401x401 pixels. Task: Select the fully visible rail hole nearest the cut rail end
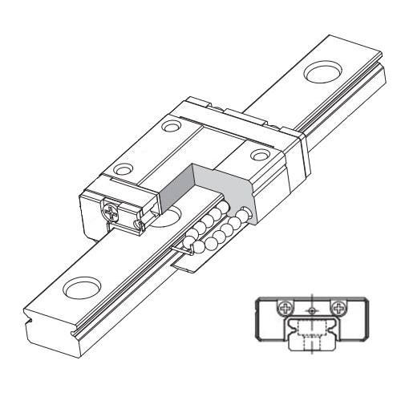tap(80, 286)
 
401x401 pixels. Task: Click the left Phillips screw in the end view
tap(283, 306)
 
